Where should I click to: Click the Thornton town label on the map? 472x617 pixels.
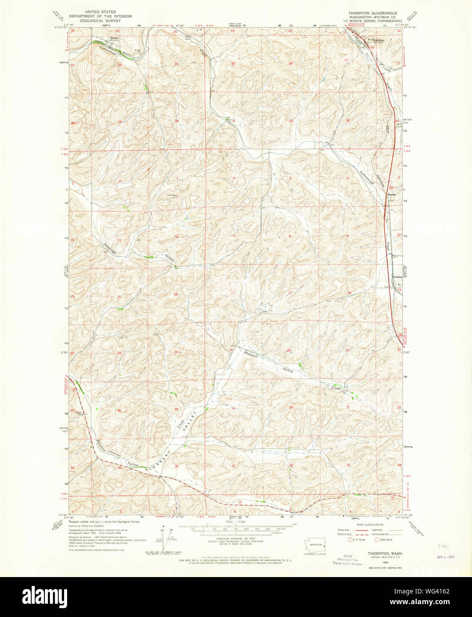(378, 40)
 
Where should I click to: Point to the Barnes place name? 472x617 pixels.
(391, 194)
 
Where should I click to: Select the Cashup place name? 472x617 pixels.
(397, 277)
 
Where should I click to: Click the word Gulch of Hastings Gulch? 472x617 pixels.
(171, 256)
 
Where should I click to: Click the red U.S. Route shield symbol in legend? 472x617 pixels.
(349, 539)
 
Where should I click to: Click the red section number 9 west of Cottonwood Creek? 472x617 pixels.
(348, 235)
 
